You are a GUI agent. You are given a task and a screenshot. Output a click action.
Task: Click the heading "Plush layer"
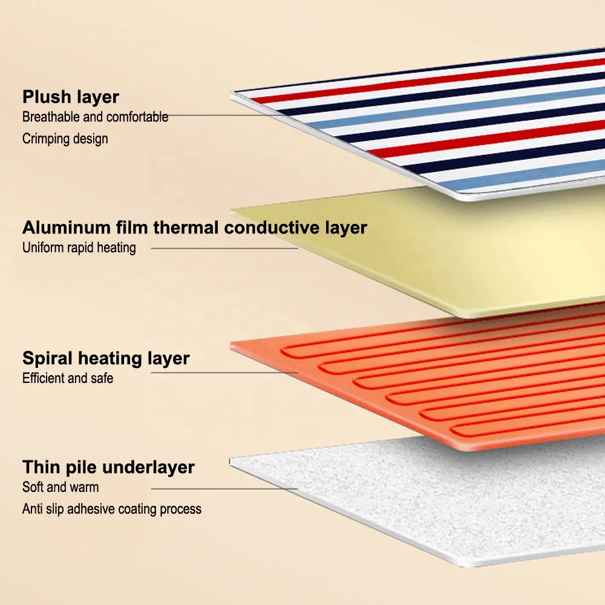coord(71,97)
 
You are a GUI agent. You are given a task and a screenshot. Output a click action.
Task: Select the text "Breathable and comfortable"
coord(95,117)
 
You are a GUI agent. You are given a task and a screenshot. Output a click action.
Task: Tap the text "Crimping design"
coord(65,139)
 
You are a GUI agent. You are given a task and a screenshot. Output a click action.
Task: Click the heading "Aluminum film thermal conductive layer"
coord(194,228)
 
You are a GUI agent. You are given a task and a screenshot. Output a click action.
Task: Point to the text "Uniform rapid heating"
coord(79,247)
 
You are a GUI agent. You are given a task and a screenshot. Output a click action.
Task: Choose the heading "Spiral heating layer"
coord(106,358)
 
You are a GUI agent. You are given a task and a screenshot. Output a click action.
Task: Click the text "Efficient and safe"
coord(68,379)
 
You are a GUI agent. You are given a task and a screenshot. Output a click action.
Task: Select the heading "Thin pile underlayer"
coord(108,467)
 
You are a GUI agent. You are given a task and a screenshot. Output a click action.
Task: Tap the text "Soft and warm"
coord(60,487)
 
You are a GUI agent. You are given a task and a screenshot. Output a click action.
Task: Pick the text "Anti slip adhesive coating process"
coord(112,509)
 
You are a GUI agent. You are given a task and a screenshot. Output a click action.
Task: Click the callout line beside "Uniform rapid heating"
coord(224,247)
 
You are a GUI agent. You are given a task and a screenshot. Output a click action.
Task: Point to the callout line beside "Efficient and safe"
coord(224,373)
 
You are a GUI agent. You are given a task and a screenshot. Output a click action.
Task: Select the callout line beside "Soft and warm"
coord(224,488)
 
